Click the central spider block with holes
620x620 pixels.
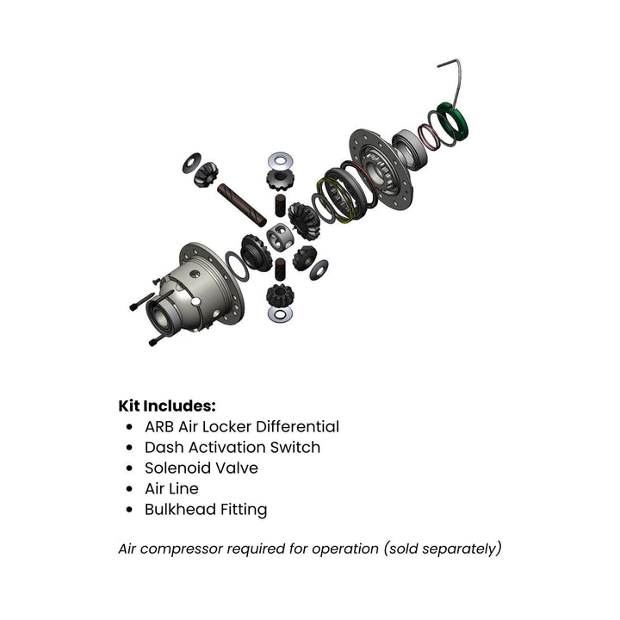click(280, 238)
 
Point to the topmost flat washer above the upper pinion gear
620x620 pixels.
click(279, 160)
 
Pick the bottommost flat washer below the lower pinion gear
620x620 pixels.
click(280, 314)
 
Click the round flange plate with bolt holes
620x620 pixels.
click(379, 168)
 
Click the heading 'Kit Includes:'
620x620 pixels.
click(167, 405)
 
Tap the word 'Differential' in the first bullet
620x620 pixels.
click(298, 426)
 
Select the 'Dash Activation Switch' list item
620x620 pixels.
click(232, 447)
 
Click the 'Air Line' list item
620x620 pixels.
click(171, 488)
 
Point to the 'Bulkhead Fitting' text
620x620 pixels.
click(205, 509)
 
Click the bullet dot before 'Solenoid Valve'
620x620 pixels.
click(129, 468)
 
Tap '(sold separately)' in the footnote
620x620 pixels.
click(444, 549)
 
